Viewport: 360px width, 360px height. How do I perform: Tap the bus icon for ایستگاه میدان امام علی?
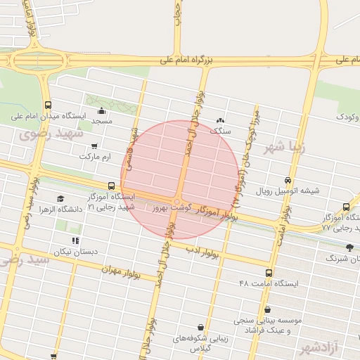pos(48,104)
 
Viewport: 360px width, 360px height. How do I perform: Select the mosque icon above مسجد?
pos(101,110)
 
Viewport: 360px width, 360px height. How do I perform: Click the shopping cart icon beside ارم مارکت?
pos(94,146)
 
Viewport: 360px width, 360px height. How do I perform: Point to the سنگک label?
pos(220,131)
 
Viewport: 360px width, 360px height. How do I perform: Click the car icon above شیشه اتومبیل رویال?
pos(287,180)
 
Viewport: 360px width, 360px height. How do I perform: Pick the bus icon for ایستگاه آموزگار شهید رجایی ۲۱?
pos(111,186)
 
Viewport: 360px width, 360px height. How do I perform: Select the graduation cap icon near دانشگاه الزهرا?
pos(60,199)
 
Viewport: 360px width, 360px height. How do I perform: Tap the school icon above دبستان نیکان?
pos(76,241)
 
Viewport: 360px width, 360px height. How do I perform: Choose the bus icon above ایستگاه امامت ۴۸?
pos(269,273)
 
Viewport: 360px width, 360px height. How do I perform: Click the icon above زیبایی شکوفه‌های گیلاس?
pos(202,327)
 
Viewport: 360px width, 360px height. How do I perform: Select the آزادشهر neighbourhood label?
pos(325,348)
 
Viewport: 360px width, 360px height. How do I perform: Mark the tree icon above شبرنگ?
pos(350,247)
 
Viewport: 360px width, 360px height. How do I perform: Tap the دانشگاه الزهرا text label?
pos(60,210)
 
